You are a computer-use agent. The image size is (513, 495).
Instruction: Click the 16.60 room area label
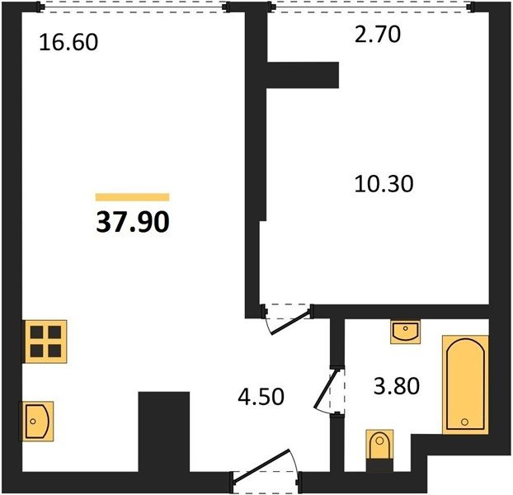[68, 43]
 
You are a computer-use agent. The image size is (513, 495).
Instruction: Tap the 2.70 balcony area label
[378, 35]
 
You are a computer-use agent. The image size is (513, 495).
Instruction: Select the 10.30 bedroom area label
[384, 183]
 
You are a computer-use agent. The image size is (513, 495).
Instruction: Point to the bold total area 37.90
[133, 222]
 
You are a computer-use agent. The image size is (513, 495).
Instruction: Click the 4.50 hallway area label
[261, 397]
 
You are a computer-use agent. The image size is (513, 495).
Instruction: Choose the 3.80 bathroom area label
[397, 386]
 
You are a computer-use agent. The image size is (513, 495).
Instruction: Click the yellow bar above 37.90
[133, 197]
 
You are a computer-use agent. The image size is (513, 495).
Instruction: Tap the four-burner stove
[45, 342]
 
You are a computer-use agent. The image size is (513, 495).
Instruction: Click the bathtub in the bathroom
[465, 384]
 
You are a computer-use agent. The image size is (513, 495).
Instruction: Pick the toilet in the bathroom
[379, 450]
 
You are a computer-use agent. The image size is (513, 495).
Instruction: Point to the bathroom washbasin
[405, 332]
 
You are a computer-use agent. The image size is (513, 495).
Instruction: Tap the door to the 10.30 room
[288, 318]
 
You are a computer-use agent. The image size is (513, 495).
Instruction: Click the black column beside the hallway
[164, 431]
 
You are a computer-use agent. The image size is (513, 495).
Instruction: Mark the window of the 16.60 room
[133, 7]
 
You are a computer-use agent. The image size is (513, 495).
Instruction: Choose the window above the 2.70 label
[371, 7]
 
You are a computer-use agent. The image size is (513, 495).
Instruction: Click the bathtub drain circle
[464, 422]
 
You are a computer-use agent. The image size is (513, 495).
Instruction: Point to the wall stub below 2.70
[303, 75]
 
